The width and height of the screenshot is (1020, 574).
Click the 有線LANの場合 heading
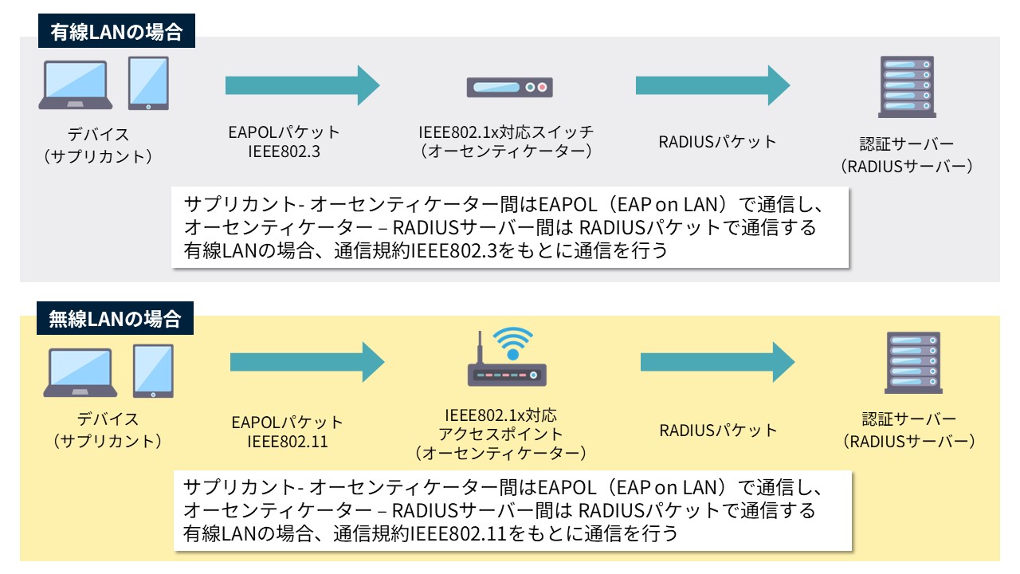(116, 33)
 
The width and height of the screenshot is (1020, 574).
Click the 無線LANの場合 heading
(116, 320)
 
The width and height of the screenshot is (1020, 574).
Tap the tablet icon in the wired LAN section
(149, 83)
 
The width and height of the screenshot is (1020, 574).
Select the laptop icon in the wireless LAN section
(81, 372)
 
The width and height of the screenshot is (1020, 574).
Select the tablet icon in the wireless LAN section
(153, 371)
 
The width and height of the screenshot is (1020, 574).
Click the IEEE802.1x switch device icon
(509, 87)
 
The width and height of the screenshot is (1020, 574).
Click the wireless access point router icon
(507, 375)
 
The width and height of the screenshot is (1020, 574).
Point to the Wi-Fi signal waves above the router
(512, 343)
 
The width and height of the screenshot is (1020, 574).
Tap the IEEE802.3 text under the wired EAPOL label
(284, 151)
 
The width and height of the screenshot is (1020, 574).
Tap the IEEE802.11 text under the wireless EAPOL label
(288, 441)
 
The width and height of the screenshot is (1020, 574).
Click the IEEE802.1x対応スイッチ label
(507, 132)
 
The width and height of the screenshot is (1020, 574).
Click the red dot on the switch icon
(542, 87)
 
